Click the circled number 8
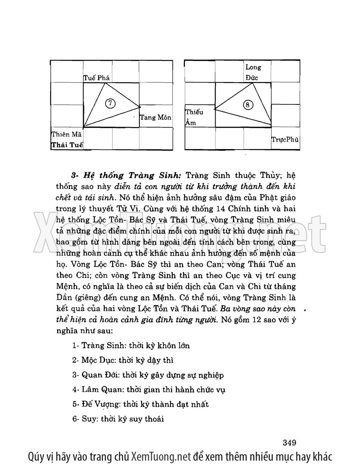[x=249, y=104]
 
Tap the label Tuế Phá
[x=97, y=78]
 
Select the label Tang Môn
[x=155, y=117]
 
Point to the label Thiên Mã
[x=66, y=134]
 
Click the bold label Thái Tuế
[x=66, y=145]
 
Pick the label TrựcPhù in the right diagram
[x=285, y=139]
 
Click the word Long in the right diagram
[x=253, y=67]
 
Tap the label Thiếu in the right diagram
[x=194, y=112]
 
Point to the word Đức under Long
[x=252, y=78]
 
